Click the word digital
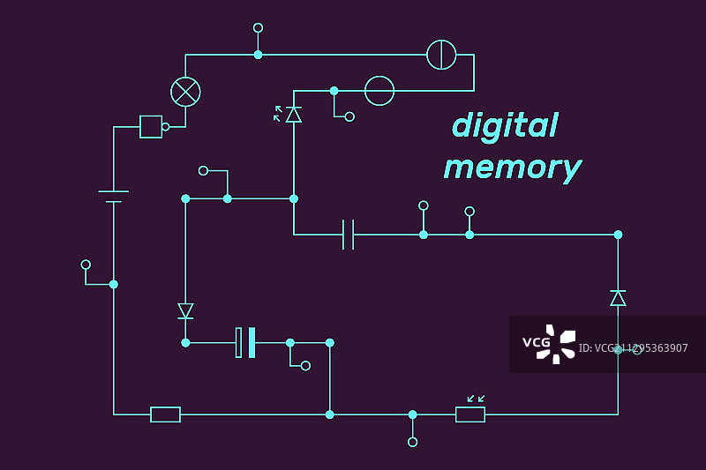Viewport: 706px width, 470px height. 505,126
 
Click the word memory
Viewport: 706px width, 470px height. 512,168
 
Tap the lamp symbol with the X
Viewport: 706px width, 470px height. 185,92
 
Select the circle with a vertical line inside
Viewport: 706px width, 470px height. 441,55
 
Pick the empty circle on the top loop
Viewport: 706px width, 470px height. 379,91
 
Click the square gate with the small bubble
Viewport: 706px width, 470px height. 152,127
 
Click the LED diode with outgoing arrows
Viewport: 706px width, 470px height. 293,114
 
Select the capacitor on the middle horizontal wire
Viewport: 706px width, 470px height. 349,235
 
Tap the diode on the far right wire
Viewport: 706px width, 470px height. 618,298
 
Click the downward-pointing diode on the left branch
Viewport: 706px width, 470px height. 185,310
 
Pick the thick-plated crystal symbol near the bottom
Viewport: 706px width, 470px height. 245,342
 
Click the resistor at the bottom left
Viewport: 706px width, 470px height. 165,414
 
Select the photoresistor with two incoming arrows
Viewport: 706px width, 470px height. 470,414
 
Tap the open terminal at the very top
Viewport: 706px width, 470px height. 258,28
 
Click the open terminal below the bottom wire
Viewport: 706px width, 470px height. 412,442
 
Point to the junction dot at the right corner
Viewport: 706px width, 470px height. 618,235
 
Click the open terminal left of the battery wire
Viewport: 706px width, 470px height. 86,265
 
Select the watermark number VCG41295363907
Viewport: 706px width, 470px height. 633,348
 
